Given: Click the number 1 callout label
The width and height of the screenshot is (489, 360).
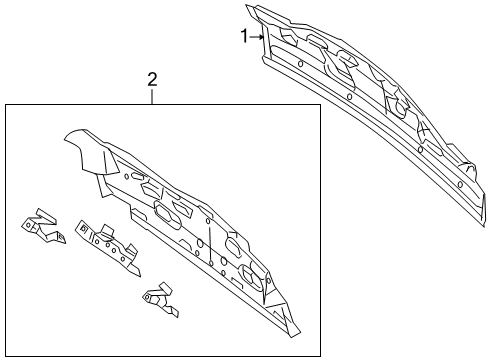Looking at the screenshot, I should pyautogui.click(x=243, y=37).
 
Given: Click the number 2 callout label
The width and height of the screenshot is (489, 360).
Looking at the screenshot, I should pyautogui.click(x=152, y=79).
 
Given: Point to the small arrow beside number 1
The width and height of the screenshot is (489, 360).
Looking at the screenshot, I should pyautogui.click(x=258, y=37).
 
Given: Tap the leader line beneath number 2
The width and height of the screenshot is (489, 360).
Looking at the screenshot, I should pyautogui.click(x=152, y=96).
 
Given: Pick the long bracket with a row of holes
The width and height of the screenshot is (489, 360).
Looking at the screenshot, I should pyautogui.click(x=104, y=243).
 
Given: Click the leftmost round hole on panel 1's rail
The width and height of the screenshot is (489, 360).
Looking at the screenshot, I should pyautogui.click(x=301, y=63).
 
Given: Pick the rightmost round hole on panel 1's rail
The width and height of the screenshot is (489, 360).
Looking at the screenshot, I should pyautogui.click(x=459, y=186).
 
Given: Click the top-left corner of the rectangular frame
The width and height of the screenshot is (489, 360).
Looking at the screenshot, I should pyautogui.click(x=5, y=105).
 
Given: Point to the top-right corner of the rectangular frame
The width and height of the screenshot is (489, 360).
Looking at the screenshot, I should pyautogui.click(x=320, y=105).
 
